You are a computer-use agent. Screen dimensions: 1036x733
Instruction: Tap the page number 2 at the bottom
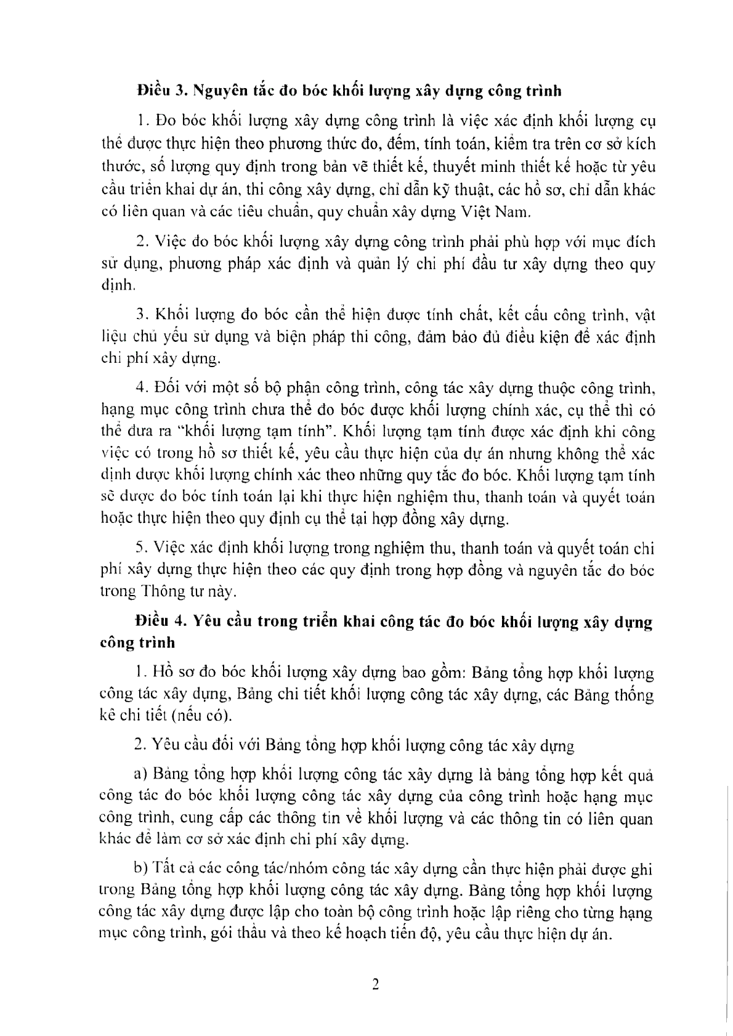tap(375, 984)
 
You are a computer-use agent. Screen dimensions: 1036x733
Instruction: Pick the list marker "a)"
tap(140, 773)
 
